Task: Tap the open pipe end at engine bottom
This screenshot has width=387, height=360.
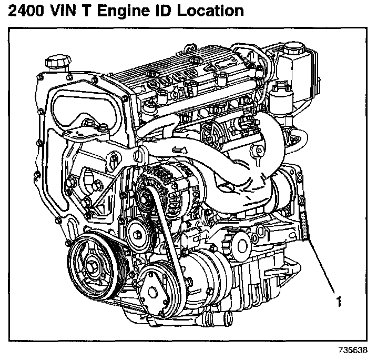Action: point(218,317)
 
